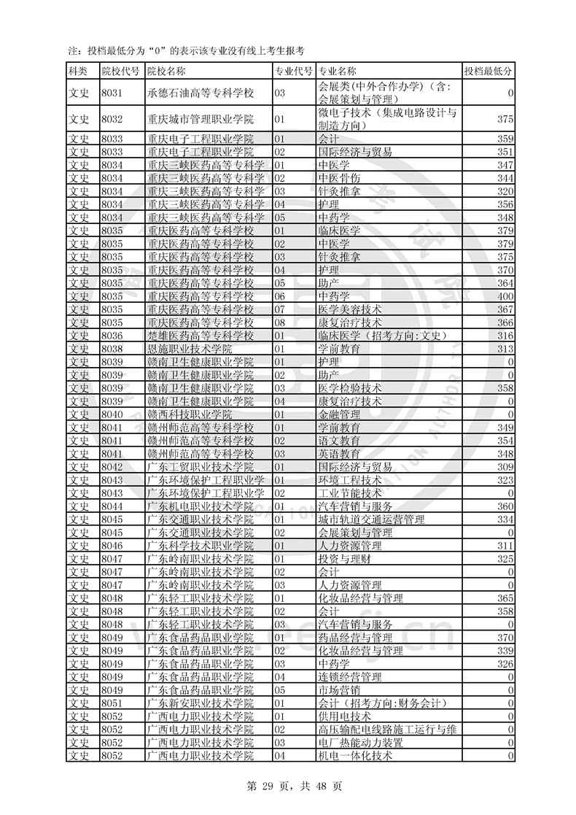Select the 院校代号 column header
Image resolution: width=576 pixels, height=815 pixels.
[x=120, y=71]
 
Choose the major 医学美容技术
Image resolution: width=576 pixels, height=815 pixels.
[x=350, y=309]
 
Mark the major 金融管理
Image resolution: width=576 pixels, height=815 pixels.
[x=340, y=414]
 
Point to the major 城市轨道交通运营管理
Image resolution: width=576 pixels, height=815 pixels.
[x=372, y=519]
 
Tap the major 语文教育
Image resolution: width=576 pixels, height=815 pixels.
[x=340, y=440]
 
